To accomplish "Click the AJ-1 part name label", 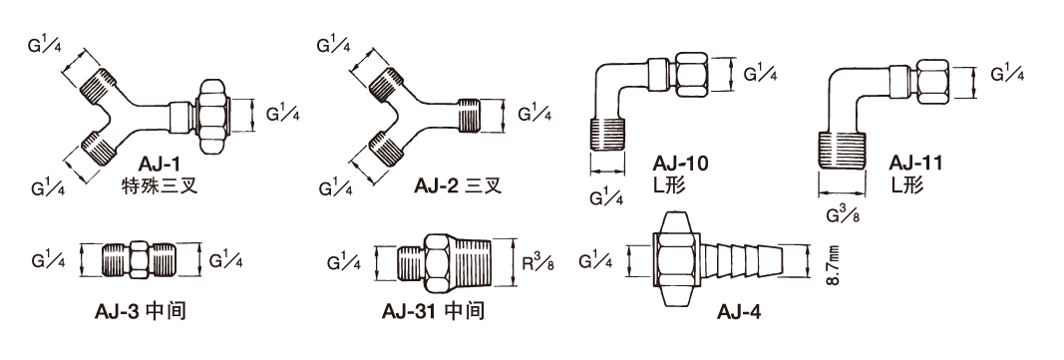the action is pos(161,164).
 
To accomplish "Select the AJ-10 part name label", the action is pos(681,164).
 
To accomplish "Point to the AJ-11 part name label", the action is pos(916,164).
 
